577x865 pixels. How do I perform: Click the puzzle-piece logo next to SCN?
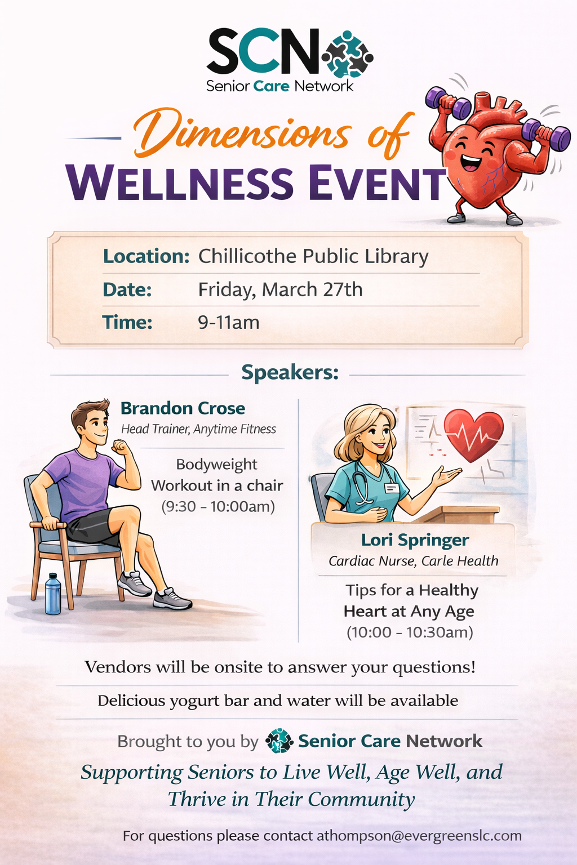(348, 54)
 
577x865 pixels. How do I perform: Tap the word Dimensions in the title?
(242, 133)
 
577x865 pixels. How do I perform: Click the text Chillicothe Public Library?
(313, 256)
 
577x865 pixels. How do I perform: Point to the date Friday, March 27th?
(280, 289)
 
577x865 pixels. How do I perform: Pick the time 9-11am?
(228, 322)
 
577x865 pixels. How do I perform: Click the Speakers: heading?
(290, 373)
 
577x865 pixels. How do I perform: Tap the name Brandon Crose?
(183, 408)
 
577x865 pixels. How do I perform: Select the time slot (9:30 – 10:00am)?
(218, 506)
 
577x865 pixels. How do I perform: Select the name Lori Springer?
(415, 540)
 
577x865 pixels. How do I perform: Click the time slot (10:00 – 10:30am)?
(410, 632)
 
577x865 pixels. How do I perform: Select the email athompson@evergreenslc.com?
(419, 836)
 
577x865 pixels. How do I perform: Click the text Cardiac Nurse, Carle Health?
(414, 561)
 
